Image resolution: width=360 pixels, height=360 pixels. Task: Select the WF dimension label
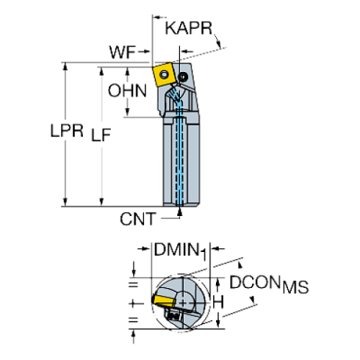(x=123, y=53)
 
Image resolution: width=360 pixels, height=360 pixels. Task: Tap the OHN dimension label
(x=128, y=93)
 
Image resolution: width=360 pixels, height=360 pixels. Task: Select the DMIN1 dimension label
(x=179, y=251)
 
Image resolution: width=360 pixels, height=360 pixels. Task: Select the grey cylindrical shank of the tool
(x=179, y=162)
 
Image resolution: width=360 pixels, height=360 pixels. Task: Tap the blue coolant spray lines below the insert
(x=174, y=96)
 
